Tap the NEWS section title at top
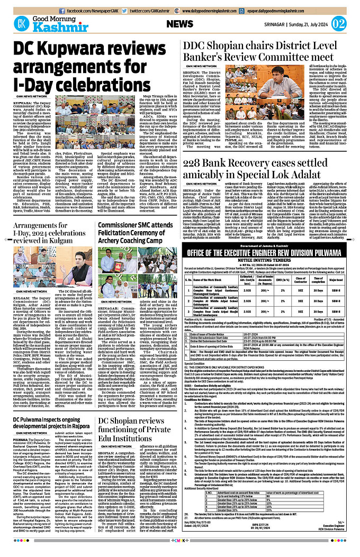(179, 24)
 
